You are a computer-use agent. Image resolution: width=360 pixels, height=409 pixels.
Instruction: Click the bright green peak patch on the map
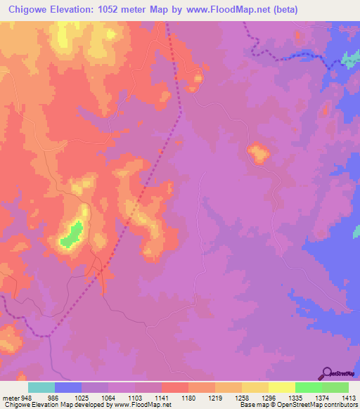click(71, 234)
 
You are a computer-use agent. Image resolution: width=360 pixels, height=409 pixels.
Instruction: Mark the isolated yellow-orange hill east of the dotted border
click(258, 153)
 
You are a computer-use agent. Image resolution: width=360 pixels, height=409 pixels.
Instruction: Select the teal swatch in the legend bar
click(41, 387)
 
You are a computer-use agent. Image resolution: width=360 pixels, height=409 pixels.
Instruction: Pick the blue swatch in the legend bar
click(68, 387)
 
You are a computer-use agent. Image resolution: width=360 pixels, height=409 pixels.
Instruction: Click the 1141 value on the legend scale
click(161, 396)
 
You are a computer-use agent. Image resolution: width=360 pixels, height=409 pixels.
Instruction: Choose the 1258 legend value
click(241, 396)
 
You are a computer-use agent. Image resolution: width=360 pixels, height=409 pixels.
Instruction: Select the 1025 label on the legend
click(82, 396)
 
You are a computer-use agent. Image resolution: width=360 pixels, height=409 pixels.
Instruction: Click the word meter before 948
click(11, 396)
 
